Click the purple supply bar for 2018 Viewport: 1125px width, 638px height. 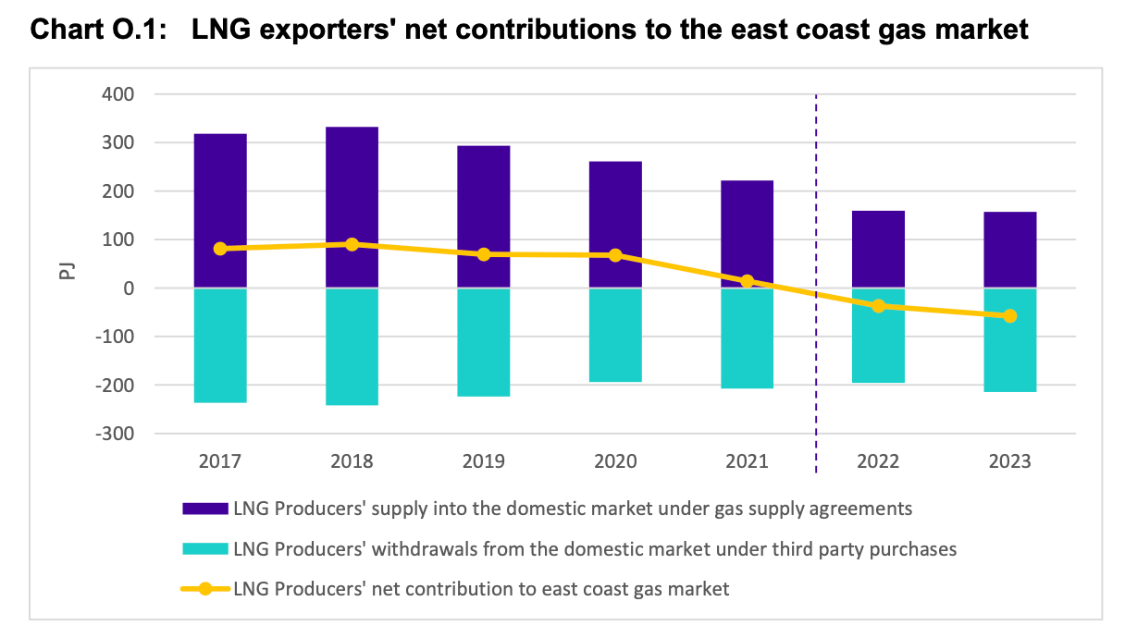352,185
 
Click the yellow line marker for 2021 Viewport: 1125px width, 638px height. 748,281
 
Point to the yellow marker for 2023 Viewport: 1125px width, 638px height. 1009,316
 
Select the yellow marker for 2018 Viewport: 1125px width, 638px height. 352,244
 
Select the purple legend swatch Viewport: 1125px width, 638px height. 205,508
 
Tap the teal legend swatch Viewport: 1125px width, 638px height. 205,548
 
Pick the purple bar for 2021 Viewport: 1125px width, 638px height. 748,231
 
